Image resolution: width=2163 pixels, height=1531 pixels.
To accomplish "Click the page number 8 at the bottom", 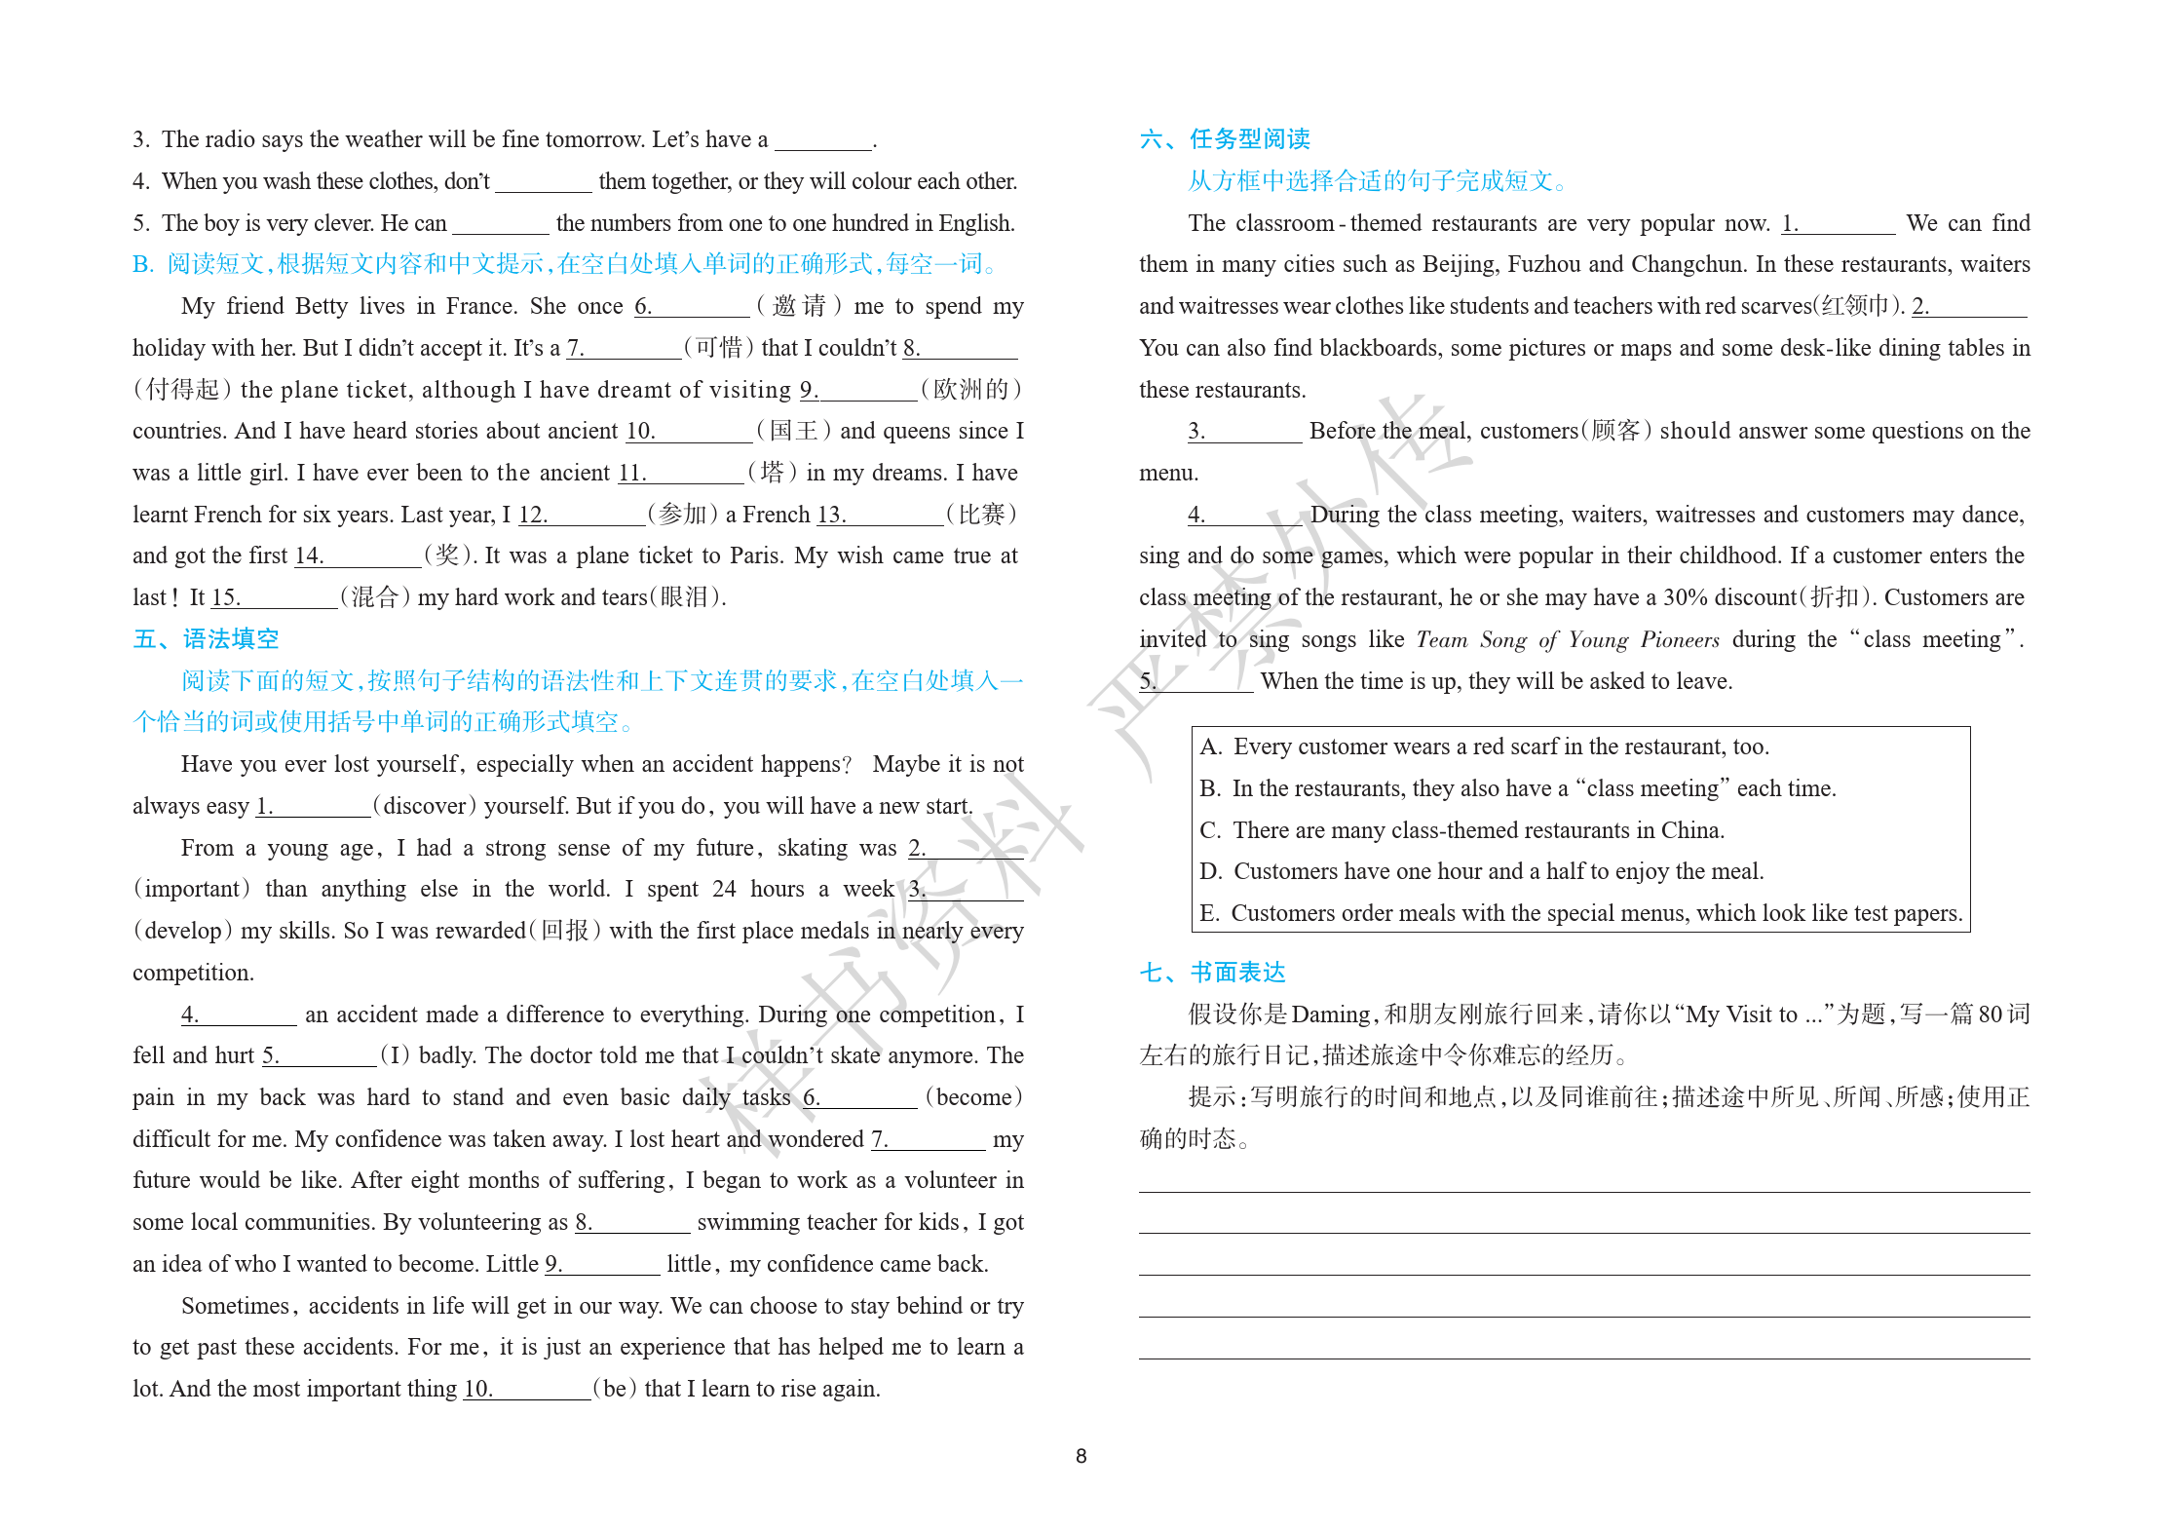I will tap(1081, 1456).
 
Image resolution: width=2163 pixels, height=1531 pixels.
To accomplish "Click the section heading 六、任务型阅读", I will tap(1225, 139).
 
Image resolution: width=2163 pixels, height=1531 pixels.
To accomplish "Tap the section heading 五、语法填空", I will tap(206, 639).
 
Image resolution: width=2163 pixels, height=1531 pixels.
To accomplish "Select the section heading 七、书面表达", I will tap(1212, 973).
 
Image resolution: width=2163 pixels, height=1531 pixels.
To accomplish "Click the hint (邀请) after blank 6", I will tap(799, 306).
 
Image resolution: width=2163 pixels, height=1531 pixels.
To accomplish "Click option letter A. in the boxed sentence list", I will tap(1211, 747).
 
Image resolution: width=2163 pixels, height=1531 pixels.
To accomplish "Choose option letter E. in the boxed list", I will tap(1209, 914).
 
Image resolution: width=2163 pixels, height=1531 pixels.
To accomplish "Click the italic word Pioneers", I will tap(1680, 640).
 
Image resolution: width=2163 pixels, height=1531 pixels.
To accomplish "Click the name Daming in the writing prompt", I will tap(1330, 1014).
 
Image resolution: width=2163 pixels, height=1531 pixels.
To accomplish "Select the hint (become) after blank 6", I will tap(972, 1097).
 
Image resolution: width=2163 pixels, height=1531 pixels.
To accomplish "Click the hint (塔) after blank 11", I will tap(773, 474).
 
